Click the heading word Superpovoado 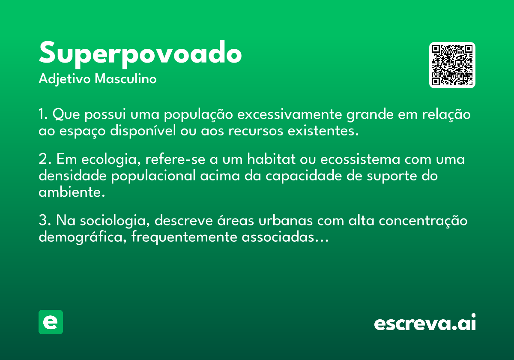pyautogui.click(x=140, y=54)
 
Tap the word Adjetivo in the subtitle pyautogui.click(x=65, y=79)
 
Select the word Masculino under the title pyautogui.click(x=126, y=78)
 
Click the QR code pyautogui.click(x=452, y=65)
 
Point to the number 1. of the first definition pyautogui.click(x=43, y=114)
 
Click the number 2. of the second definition pyautogui.click(x=45, y=159)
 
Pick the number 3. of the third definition pyautogui.click(x=45, y=220)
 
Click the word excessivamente pyautogui.click(x=290, y=114)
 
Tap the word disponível pyautogui.click(x=143, y=130)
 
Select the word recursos pyautogui.click(x=256, y=131)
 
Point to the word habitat pyautogui.click(x=271, y=159)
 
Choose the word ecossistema pyautogui.click(x=360, y=159)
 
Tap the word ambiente pyautogui.click(x=72, y=192)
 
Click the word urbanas pyautogui.click(x=285, y=220)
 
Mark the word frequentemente pyautogui.click(x=184, y=237)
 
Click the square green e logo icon pyautogui.click(x=51, y=322)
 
